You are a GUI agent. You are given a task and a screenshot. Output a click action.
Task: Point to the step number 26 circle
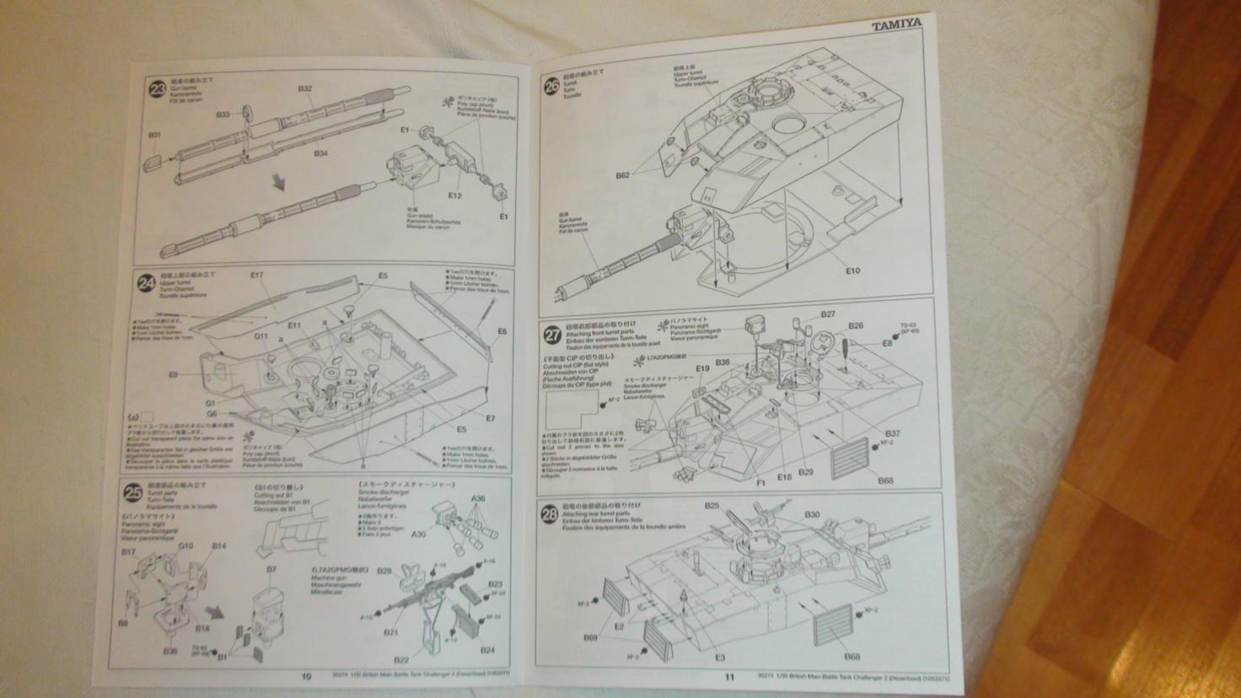click(x=551, y=85)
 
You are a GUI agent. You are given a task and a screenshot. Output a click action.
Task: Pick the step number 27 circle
click(x=552, y=335)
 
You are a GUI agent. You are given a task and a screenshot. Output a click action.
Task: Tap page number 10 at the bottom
click(x=306, y=675)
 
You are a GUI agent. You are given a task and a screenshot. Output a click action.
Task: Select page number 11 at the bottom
click(x=730, y=676)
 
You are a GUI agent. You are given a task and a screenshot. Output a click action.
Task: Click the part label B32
click(x=305, y=89)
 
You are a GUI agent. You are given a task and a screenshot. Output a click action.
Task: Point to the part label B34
click(x=320, y=153)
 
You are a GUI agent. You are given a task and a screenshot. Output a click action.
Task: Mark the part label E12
click(x=454, y=196)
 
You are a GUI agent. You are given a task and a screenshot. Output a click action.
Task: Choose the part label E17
click(x=257, y=275)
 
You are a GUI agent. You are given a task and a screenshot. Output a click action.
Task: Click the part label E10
click(x=852, y=271)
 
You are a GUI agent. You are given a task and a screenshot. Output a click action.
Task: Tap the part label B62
click(x=622, y=175)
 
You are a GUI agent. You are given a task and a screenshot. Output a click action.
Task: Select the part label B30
click(x=812, y=514)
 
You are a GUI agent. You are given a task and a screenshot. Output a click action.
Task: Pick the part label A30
click(x=419, y=534)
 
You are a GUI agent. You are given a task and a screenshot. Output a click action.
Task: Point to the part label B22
click(x=402, y=659)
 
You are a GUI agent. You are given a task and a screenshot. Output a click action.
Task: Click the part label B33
click(x=223, y=115)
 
